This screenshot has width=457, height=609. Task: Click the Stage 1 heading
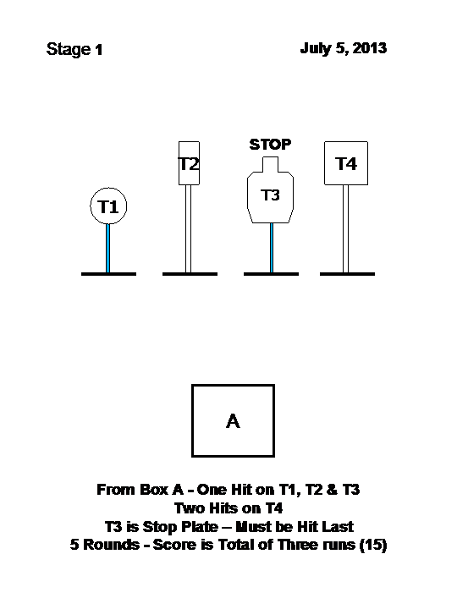pos(74,50)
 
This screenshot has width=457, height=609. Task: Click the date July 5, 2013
pos(344,48)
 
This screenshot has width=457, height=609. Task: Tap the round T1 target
pos(108,206)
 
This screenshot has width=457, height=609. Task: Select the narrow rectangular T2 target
pos(189,163)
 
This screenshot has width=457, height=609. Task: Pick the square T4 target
pos(346,163)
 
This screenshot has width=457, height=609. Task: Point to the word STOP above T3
pos(270,145)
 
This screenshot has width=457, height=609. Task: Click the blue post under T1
pos(108,248)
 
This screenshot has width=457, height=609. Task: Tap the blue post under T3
pos(272,248)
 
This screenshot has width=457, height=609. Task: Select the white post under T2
pos(188,228)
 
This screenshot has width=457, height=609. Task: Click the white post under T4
pos(345,228)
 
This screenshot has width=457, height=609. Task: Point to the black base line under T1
pos(109,274)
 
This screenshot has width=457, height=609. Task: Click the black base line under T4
pos(348,274)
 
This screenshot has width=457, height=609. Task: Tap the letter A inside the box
pos(233,421)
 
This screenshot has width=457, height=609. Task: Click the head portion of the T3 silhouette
pos(271,164)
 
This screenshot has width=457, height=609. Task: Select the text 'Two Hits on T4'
pos(228,508)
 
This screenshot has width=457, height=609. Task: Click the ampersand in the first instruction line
pos(332,490)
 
